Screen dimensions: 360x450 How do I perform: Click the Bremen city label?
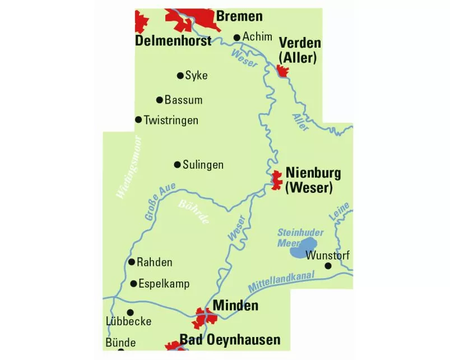pos(239,16)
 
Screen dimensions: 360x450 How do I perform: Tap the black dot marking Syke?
pos(180,76)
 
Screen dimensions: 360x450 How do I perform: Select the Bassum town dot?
pos(159,100)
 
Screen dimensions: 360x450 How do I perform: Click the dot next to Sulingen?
pos(178,165)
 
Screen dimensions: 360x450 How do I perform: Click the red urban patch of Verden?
pos(282,71)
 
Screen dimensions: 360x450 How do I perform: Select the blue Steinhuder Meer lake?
pos(303,248)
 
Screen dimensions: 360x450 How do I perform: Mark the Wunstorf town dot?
pos(328,266)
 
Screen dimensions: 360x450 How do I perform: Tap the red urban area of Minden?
pos(204,319)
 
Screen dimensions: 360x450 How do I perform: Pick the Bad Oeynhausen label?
pos(230,340)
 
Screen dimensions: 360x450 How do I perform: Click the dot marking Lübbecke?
pos(131,312)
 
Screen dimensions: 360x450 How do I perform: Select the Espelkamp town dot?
pos(133,284)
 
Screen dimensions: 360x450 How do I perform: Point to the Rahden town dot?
pos(132,262)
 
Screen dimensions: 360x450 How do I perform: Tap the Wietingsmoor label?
pos(129,167)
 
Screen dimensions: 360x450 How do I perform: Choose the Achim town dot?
pos(236,37)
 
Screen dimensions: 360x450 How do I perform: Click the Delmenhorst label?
pos(174,41)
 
